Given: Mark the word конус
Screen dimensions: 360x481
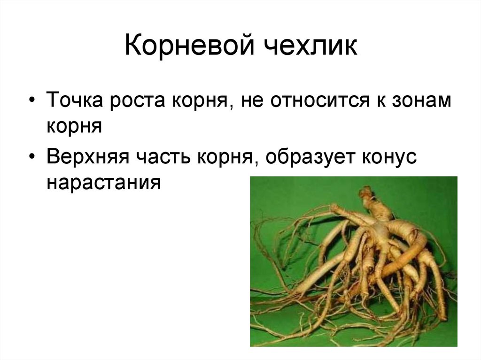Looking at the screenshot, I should pos(388,157).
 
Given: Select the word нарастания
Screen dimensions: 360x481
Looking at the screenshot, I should pos(104,181).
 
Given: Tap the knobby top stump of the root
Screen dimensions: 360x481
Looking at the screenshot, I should pos(366,193).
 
